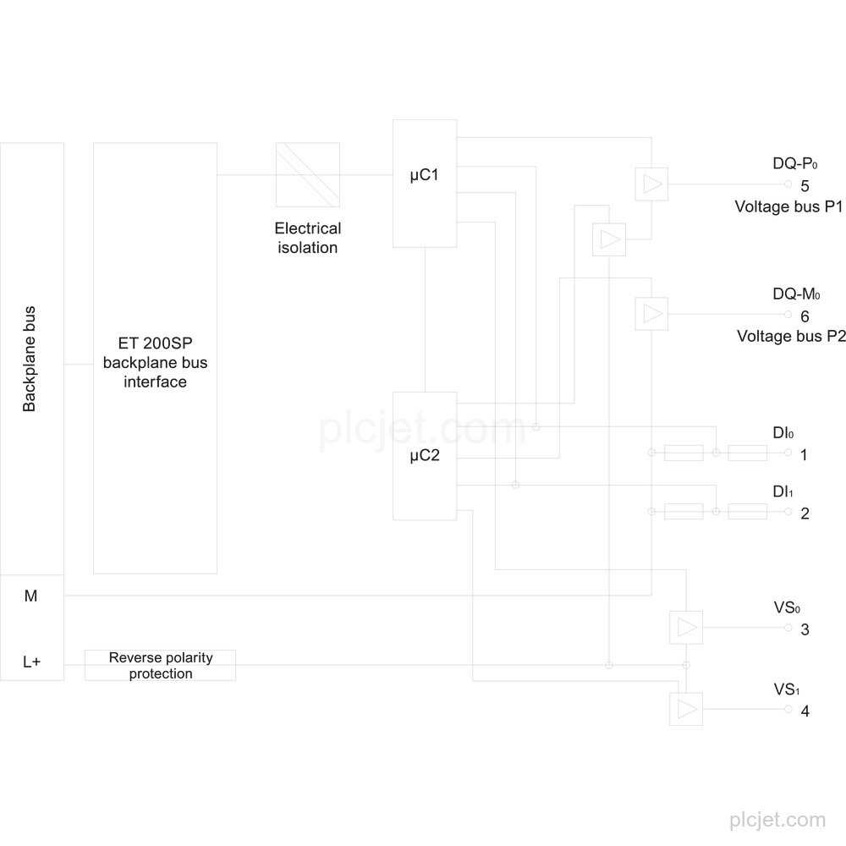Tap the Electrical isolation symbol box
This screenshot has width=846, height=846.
tap(308, 175)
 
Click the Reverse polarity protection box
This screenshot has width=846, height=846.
tap(160, 665)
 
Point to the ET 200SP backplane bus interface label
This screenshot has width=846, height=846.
tap(156, 363)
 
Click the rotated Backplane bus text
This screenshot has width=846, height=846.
tap(29, 359)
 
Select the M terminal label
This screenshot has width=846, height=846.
tap(30, 596)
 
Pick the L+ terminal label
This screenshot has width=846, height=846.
tap(31, 662)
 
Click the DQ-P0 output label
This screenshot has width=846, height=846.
tap(794, 163)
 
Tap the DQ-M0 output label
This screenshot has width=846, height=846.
tap(796, 294)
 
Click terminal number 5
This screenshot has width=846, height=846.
tap(805, 186)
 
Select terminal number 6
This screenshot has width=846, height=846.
tap(805, 316)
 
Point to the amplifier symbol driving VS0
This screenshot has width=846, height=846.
tap(686, 628)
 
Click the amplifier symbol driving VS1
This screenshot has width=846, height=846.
tap(686, 709)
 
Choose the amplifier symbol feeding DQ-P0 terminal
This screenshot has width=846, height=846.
tap(651, 184)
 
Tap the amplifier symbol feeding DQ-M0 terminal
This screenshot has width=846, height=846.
tap(651, 314)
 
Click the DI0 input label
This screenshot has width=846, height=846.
tap(783, 432)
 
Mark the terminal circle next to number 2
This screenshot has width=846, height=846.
tap(788, 511)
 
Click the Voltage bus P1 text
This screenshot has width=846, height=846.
tap(788, 206)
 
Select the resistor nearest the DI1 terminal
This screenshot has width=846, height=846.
tap(747, 512)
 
